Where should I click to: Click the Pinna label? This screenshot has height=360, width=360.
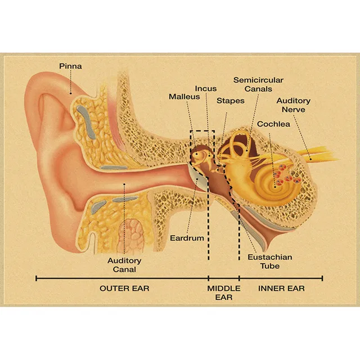coord(70,66)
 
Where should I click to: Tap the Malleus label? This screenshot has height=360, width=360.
coord(184,97)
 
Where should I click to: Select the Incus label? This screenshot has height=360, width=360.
coord(206,88)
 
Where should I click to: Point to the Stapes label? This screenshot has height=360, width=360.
coord(231,101)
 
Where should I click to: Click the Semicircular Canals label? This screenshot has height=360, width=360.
coord(258,84)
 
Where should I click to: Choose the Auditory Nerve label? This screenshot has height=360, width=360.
coord(293,105)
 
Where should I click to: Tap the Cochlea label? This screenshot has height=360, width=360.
coord(273,124)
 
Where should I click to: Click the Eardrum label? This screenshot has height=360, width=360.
coord(187,238)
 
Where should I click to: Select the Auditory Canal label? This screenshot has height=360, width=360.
coord(124,265)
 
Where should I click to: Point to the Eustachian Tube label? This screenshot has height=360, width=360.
coord(269,262)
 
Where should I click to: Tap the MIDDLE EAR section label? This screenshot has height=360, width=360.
coord(224,292)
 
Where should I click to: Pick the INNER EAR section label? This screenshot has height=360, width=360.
coord(281,289)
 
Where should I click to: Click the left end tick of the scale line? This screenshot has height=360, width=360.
coord(36,278)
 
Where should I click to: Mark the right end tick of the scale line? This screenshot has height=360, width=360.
coord(322,278)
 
